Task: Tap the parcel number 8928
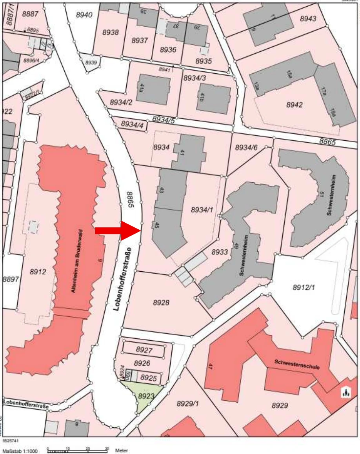tap(161, 302)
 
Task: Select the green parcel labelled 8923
tap(145, 396)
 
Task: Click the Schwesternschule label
tap(297, 364)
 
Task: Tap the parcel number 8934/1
tap(202, 210)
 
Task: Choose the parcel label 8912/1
tap(304, 287)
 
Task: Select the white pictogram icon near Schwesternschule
tap(345, 392)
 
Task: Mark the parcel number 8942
tap(295, 105)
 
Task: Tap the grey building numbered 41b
tap(213, 98)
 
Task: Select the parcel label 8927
tap(144, 350)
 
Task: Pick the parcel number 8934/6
tap(246, 147)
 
